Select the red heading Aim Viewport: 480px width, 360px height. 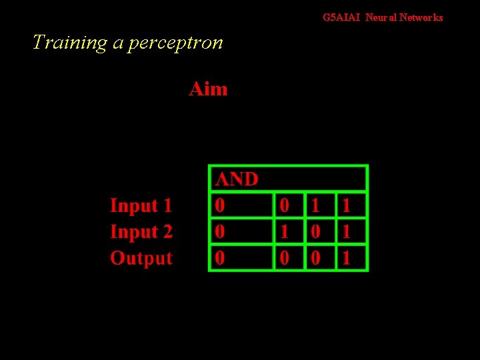coord(208,89)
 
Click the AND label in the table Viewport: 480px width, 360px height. coord(237,179)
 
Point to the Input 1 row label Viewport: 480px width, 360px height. coord(141,205)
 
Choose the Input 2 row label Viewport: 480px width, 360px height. coord(141,232)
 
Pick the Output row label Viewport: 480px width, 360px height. coord(141,258)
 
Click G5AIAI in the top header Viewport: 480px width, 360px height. coord(341,18)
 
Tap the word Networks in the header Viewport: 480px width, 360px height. coord(421,18)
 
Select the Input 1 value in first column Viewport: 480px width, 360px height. coord(220,206)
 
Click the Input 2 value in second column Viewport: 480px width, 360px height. coord(284,232)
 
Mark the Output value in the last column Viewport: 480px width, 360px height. coord(346,258)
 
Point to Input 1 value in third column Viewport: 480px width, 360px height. coord(316,206)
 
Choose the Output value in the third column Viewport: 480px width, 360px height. coord(316,258)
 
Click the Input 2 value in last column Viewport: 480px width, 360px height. coord(346,232)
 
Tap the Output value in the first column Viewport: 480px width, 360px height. coord(220,258)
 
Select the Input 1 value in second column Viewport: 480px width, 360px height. coord(284,206)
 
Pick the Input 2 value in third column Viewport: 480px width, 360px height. coord(316,232)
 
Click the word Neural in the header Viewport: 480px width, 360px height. coord(380,18)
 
